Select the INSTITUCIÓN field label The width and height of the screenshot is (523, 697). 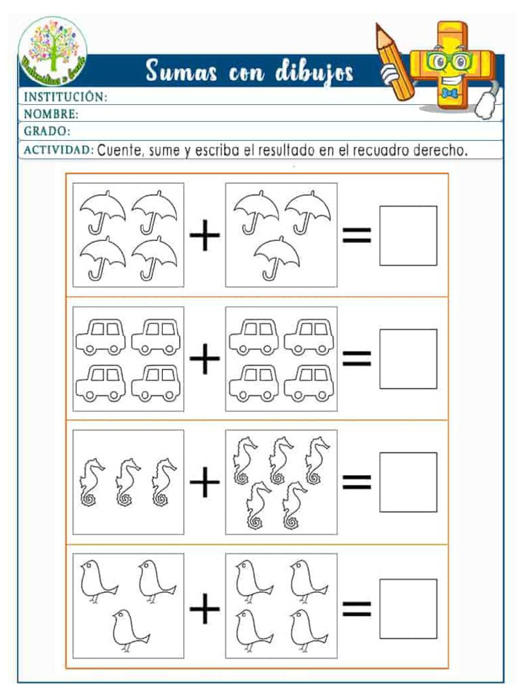coord(65,97)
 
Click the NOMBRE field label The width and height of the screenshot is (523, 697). coord(51,114)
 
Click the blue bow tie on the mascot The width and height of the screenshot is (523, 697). coord(448,93)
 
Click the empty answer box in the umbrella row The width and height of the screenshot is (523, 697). coord(408,236)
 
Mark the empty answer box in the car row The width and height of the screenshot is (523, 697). coord(408,359)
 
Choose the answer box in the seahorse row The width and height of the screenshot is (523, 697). coord(408,482)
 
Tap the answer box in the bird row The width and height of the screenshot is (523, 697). coord(408,609)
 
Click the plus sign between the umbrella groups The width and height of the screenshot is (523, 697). coord(204,237)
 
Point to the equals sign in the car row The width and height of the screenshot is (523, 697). coord(357,359)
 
